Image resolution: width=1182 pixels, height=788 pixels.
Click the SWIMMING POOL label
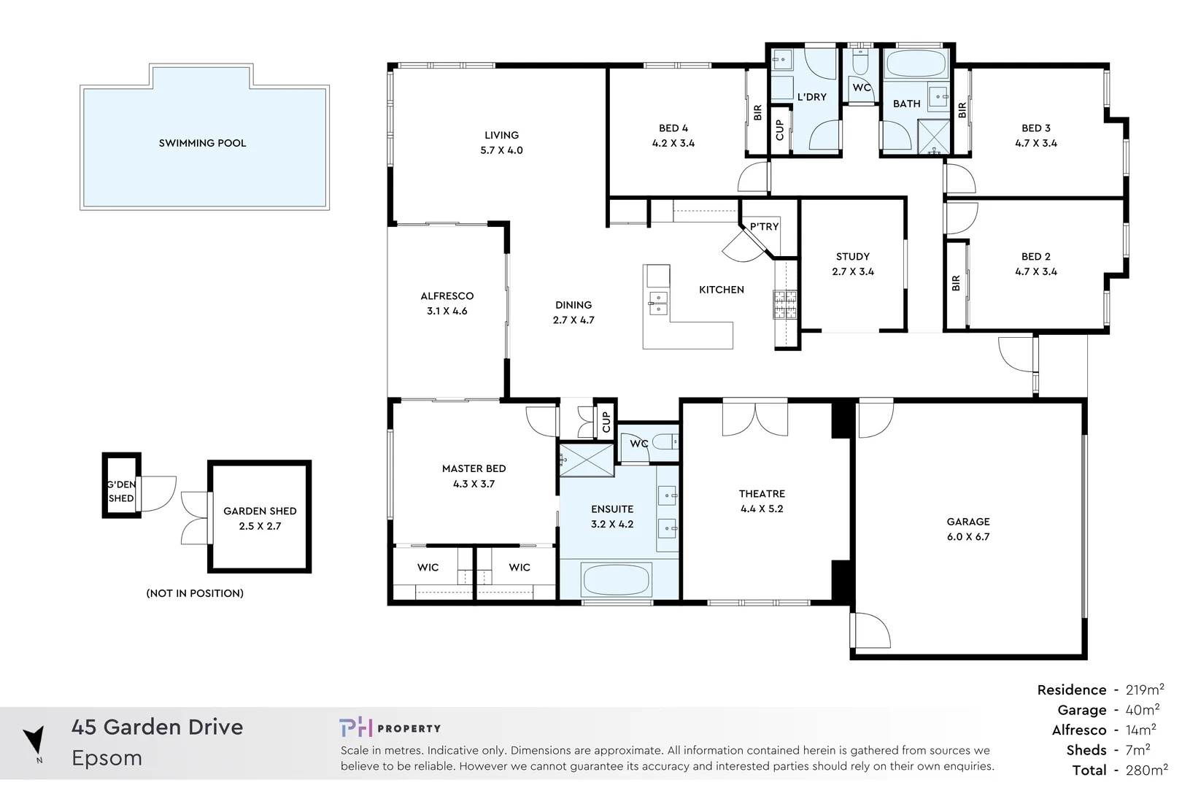click(202, 143)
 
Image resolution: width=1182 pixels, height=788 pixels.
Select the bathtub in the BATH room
click(916, 64)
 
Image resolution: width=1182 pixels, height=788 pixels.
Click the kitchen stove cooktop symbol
click(785, 305)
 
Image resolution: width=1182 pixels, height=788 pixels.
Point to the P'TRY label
click(764, 226)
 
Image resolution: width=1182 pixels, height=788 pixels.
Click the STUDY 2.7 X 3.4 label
click(852, 264)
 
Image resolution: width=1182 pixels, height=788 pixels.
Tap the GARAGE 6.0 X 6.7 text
click(967, 529)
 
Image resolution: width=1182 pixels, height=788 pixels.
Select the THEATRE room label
click(761, 501)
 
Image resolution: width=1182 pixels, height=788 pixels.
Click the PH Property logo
click(390, 727)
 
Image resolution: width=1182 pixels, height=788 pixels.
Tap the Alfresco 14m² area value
click(1140, 730)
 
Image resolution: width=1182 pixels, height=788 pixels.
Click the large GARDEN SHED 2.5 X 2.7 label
click(260, 518)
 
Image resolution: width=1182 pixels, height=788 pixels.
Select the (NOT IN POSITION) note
click(195, 593)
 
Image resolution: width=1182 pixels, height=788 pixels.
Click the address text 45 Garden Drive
click(157, 727)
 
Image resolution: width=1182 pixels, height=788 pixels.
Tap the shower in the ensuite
click(587, 460)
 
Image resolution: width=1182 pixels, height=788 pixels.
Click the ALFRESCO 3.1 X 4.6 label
click(447, 304)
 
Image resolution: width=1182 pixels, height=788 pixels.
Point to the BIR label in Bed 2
click(956, 283)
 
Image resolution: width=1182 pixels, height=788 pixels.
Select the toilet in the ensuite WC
click(663, 441)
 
